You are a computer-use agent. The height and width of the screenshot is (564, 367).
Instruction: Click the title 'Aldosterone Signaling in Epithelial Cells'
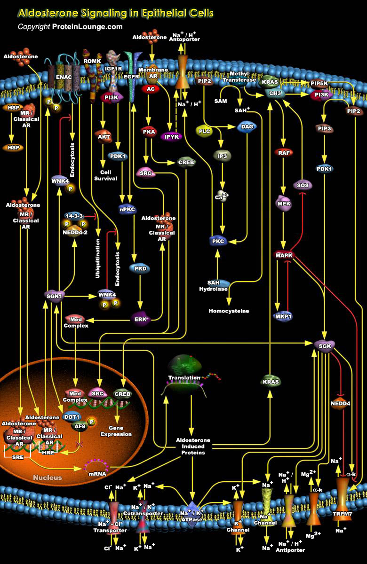point(115,13)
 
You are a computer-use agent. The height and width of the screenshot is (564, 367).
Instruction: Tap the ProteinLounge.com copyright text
point(70,27)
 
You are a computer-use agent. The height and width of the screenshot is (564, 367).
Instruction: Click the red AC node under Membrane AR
point(151,89)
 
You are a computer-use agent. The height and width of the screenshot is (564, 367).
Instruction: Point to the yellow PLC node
point(204,131)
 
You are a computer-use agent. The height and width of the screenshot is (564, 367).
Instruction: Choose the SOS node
point(303,185)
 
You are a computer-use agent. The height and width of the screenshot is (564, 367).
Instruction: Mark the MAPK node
point(284,255)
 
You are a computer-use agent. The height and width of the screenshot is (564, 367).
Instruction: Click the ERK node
point(139,320)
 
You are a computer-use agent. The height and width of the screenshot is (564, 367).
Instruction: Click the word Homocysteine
point(229,311)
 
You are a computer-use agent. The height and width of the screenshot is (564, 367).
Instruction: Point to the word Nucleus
point(47,478)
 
